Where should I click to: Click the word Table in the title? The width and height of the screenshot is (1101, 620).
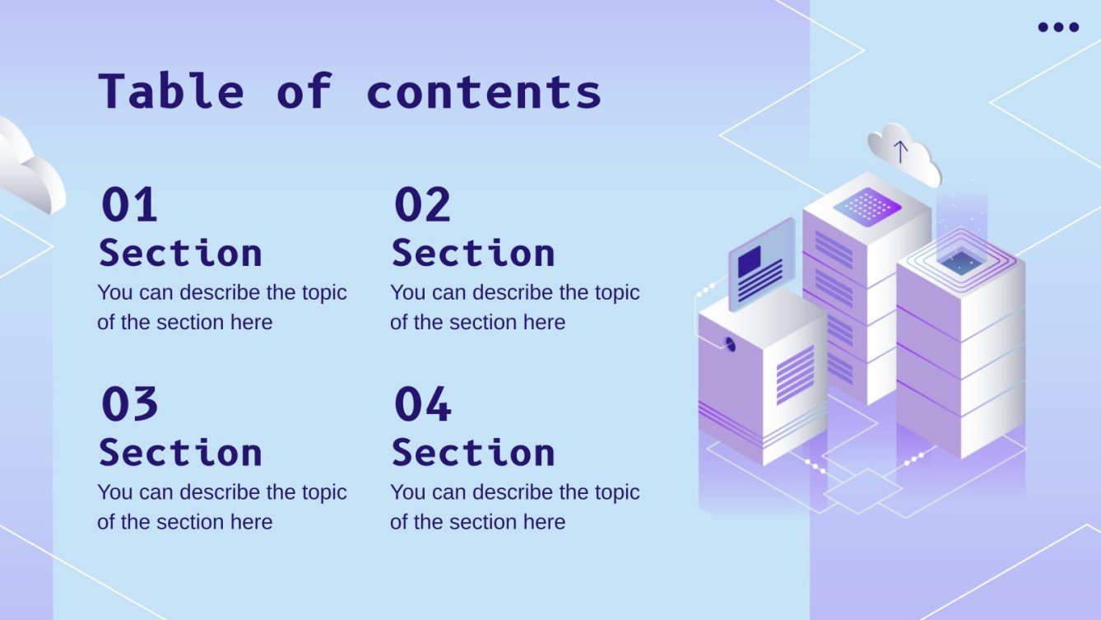171,91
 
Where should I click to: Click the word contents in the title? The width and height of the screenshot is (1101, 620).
484,92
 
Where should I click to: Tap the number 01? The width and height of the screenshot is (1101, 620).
129,205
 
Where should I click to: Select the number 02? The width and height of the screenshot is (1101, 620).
422,205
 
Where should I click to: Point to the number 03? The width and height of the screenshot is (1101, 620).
129,404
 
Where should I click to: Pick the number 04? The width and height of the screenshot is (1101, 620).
422,404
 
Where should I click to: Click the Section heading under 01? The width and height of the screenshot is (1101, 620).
180,253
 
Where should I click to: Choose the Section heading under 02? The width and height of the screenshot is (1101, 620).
473,253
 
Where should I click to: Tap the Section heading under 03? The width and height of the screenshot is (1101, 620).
180,453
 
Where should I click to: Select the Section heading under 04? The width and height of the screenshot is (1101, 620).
473,453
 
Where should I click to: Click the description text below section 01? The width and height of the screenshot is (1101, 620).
222,307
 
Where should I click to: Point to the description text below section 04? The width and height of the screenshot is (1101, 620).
514,506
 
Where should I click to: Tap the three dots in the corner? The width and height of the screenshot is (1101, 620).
1058,27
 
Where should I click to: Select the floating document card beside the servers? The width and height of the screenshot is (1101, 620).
760,264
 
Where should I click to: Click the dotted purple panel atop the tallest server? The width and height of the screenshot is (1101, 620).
867,205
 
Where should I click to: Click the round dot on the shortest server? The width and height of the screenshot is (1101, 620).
729,344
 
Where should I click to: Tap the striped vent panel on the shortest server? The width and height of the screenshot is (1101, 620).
795,375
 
